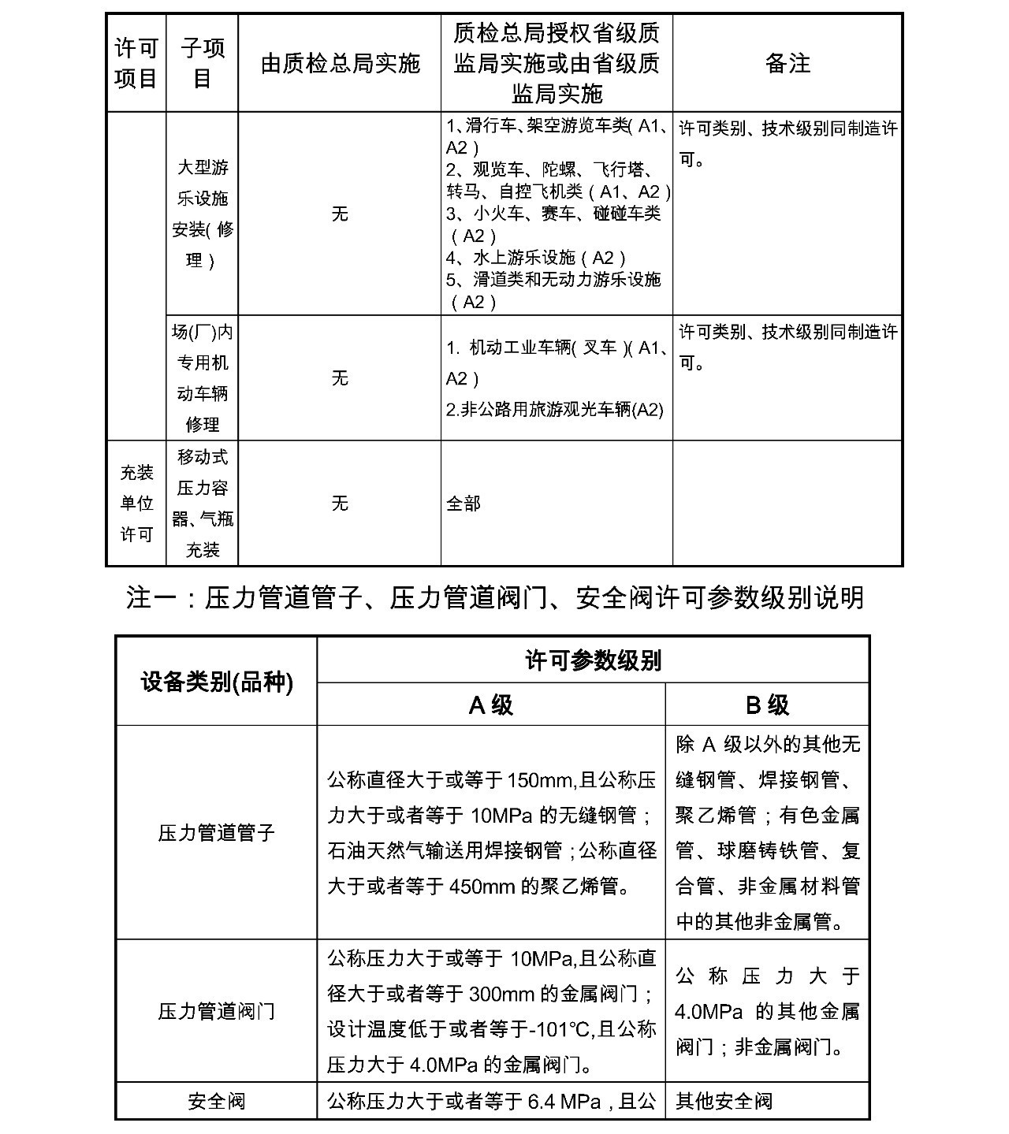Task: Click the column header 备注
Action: click(x=787, y=63)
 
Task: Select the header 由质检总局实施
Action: click(x=340, y=63)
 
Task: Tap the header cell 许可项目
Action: click(x=136, y=63)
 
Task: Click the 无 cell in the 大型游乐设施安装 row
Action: click(x=340, y=214)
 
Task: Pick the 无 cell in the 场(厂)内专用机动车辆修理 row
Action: click(x=340, y=378)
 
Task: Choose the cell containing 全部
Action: click(x=464, y=503)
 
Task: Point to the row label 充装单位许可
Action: click(x=136, y=503)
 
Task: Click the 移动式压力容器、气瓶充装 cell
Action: click(x=203, y=503)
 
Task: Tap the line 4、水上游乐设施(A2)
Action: click(x=536, y=258)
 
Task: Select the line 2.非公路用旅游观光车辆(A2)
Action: click(x=555, y=409)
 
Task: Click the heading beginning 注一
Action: click(x=494, y=597)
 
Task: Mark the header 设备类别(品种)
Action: click(x=217, y=682)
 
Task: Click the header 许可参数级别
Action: click(x=593, y=660)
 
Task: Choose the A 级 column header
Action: click(x=491, y=705)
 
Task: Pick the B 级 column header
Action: click(x=767, y=705)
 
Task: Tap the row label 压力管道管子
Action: click(x=217, y=832)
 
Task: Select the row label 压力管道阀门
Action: click(x=217, y=1011)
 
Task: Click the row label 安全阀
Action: click(x=217, y=1101)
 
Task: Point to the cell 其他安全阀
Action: click(x=724, y=1101)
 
